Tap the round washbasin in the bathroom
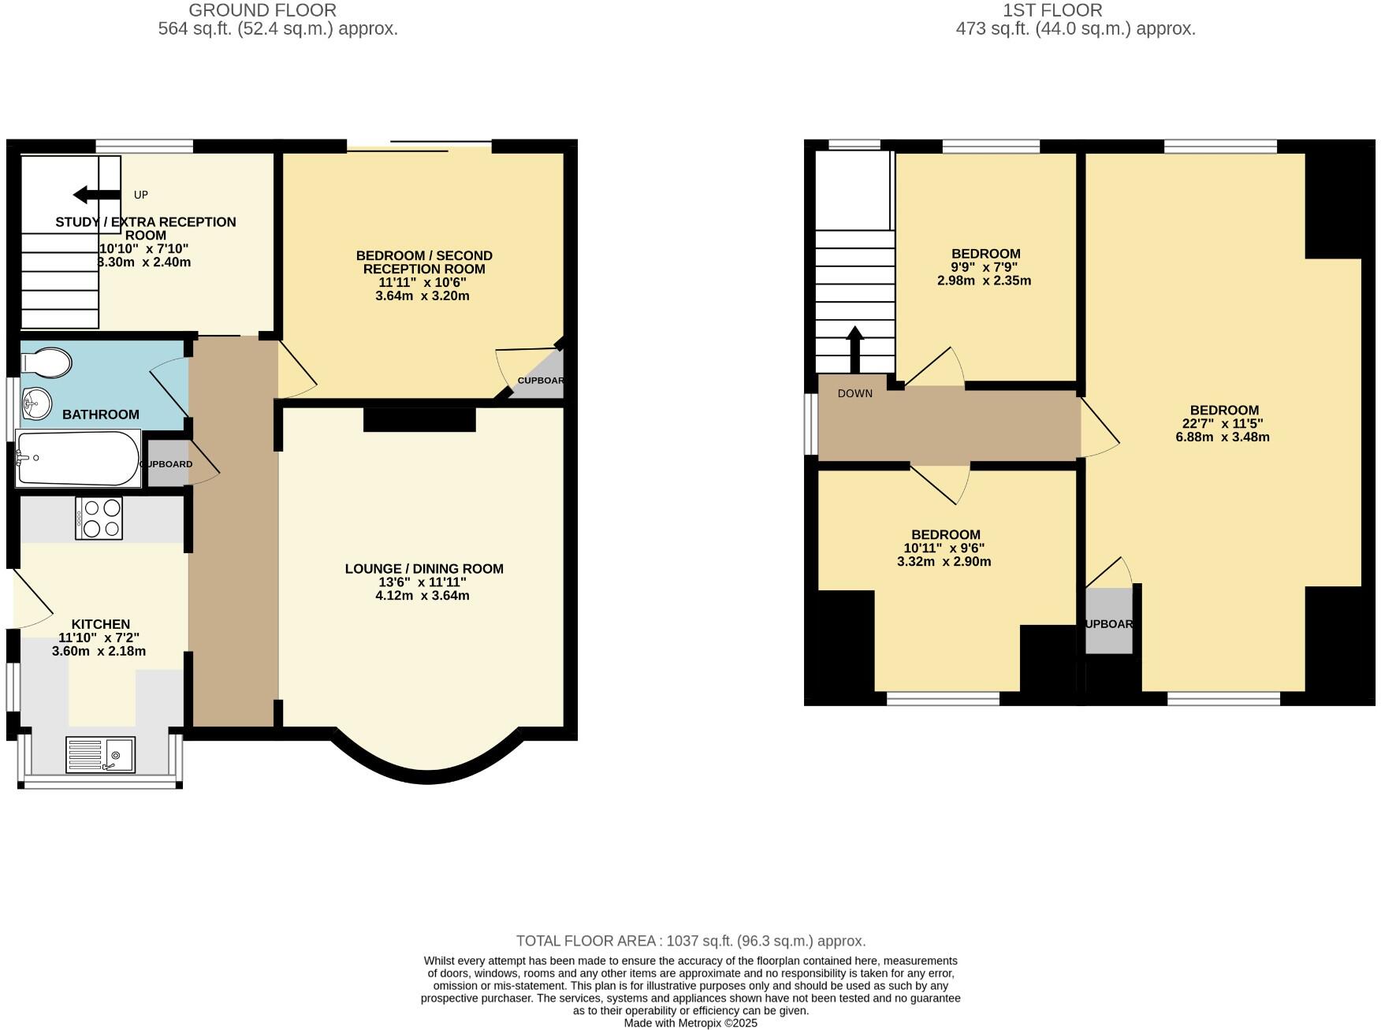35,404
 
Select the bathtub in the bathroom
77,459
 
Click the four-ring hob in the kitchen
99,518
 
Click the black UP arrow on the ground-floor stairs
95,195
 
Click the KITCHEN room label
100,624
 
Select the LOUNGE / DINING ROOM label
423,569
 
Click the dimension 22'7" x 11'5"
1223,423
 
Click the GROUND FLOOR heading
262,10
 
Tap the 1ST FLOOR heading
1052,10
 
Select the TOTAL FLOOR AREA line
690,941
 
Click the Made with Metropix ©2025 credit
690,1023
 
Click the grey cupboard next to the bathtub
167,464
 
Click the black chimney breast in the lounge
419,419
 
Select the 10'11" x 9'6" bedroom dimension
944,548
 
